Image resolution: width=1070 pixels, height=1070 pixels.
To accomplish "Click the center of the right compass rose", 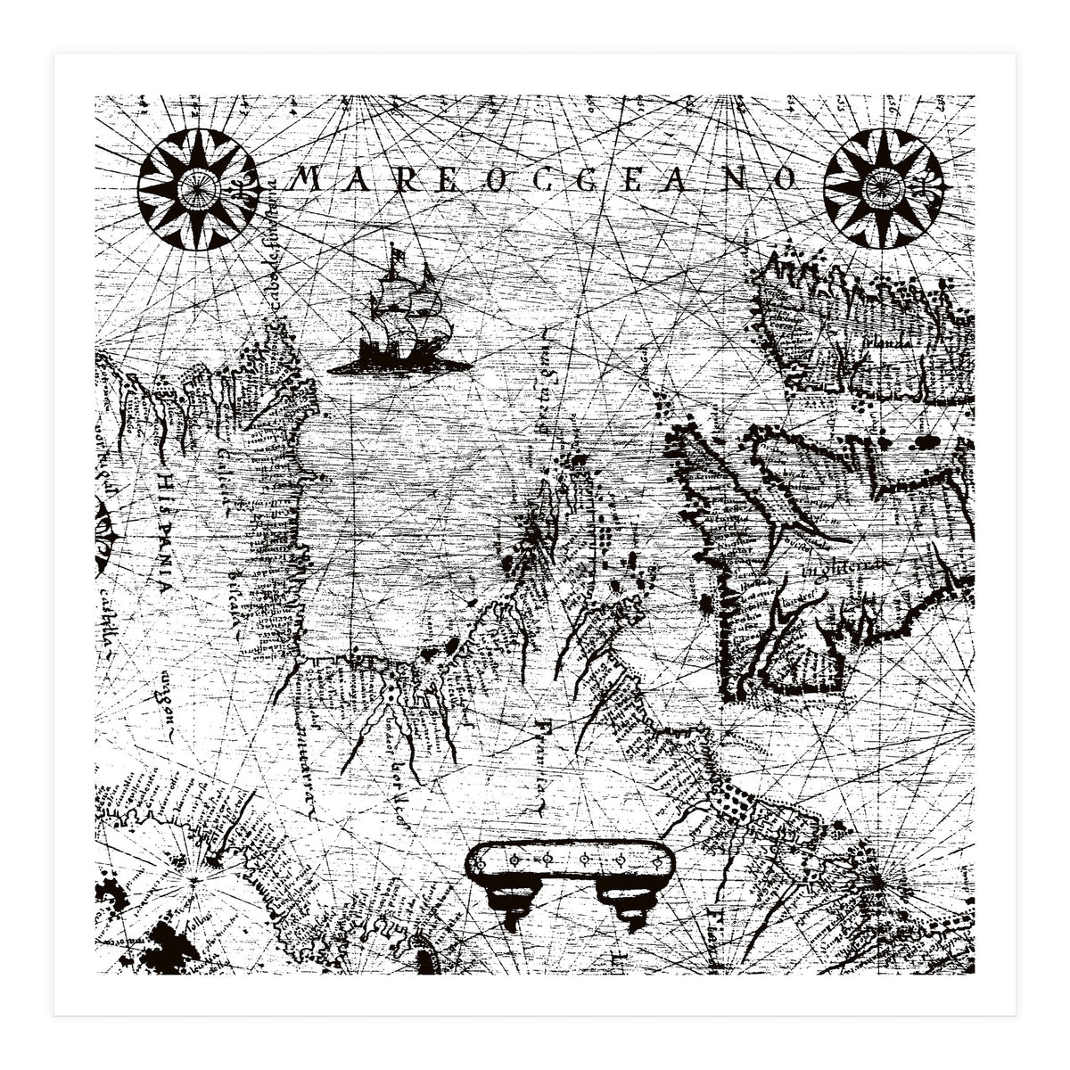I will coord(883,188).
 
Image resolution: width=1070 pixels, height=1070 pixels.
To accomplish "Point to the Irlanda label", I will coord(890,341).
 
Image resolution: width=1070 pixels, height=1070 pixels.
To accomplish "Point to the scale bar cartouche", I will coord(569,860).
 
